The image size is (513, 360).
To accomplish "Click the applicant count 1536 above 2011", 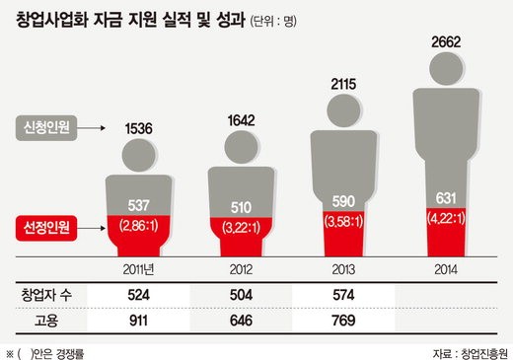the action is (x=138, y=128).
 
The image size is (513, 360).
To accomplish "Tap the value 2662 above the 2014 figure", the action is (x=446, y=42).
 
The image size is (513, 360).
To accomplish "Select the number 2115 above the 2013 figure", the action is (x=343, y=84).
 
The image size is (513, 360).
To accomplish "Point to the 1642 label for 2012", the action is (x=241, y=120).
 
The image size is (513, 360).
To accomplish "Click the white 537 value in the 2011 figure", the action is (x=138, y=205).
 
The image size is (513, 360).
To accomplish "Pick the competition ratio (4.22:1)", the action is (x=446, y=218).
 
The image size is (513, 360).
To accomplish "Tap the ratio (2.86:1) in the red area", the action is (x=138, y=226).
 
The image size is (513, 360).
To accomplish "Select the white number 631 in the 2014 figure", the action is (x=446, y=198).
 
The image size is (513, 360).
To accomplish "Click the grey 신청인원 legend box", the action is (x=46, y=128).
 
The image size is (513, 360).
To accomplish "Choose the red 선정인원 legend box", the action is (x=46, y=228).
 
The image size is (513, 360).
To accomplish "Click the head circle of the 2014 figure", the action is (x=446, y=69).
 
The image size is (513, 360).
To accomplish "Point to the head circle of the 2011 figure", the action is (x=139, y=155).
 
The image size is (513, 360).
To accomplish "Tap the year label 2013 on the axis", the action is (x=343, y=269).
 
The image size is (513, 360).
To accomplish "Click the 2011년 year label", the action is (x=138, y=269).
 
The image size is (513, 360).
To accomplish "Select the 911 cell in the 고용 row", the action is (x=138, y=321).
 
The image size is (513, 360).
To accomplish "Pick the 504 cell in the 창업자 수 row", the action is (x=241, y=295).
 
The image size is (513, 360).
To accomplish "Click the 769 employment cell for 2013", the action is (x=343, y=321).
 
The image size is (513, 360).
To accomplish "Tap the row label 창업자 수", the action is (x=46, y=295).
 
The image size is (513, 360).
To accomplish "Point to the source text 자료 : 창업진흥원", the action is (x=471, y=353).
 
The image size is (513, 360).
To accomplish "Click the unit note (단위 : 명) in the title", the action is (x=273, y=22).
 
